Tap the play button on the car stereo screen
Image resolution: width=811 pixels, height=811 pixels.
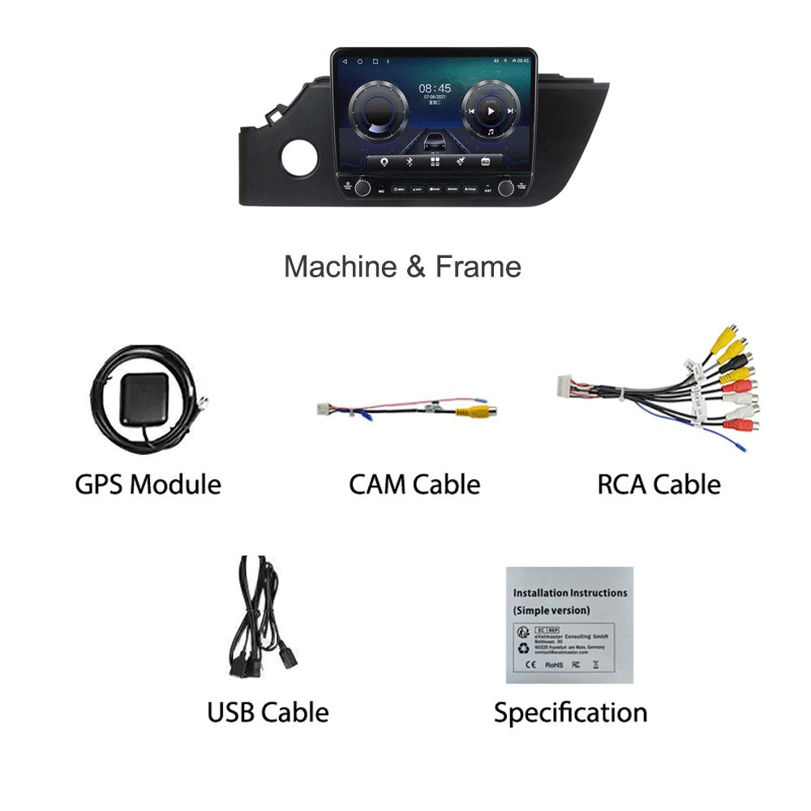[490, 110]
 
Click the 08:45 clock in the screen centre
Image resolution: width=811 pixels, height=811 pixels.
[435, 88]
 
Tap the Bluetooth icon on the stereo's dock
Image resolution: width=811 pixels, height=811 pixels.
[409, 161]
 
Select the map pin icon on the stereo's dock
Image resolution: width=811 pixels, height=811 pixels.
[383, 161]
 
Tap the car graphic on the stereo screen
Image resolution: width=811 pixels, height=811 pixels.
[434, 141]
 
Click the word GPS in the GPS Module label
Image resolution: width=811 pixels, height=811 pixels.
[99, 485]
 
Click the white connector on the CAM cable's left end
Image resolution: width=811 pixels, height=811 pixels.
[325, 408]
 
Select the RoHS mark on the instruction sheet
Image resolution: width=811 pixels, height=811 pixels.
[554, 664]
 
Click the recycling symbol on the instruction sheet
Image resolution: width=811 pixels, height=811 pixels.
[522, 648]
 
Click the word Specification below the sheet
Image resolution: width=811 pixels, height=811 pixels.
[570, 713]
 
